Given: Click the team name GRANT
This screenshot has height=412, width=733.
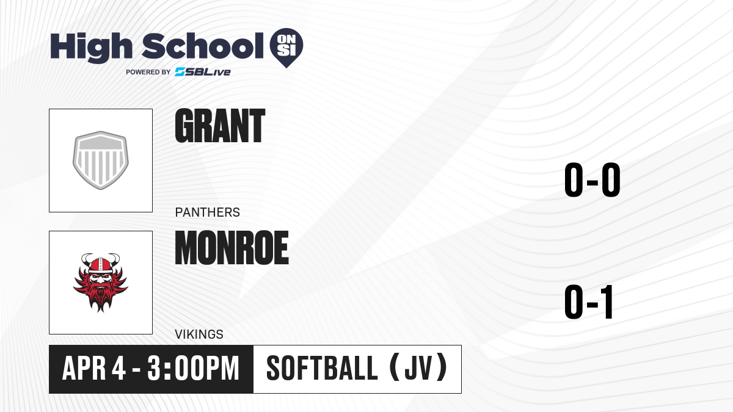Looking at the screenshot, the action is tap(220, 126).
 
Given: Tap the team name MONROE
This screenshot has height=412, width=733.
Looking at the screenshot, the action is tap(232, 248).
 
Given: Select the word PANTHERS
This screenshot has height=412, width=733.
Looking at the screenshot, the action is tap(208, 212).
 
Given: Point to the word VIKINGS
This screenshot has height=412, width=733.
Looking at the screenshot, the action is tap(199, 334).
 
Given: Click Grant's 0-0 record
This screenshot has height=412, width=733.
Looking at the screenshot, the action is tap(593, 180).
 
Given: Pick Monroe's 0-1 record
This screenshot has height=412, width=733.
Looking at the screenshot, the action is tap(589, 302).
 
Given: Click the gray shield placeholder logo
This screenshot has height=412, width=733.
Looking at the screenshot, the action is tap(101, 160).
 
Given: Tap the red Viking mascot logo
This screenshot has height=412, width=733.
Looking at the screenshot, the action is tap(101, 283).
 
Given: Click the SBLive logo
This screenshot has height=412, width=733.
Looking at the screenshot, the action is tap(203, 72).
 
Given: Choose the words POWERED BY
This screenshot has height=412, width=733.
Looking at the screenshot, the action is tap(148, 72).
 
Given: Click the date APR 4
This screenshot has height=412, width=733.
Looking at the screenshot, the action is tap(94, 369).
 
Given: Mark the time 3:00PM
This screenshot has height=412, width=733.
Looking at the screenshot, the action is tap(194, 369).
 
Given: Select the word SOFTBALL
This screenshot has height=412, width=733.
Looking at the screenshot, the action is tap(323, 369).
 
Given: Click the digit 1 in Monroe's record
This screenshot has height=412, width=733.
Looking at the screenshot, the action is tap(607, 302).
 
